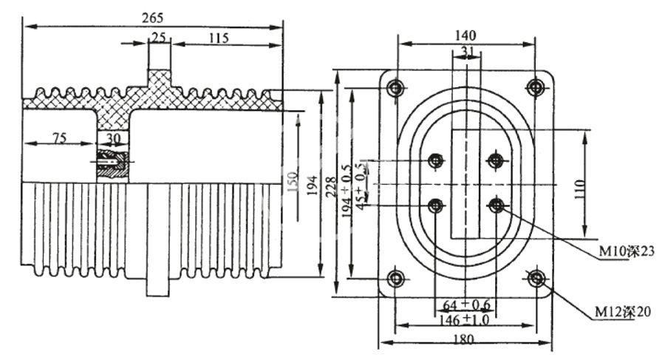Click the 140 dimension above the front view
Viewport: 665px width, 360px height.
tap(465, 35)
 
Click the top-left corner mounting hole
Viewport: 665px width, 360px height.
tap(397, 88)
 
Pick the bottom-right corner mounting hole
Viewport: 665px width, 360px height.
tap(536, 279)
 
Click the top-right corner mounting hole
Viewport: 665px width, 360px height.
tap(536, 88)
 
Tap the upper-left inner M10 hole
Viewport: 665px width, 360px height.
tap(436, 160)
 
